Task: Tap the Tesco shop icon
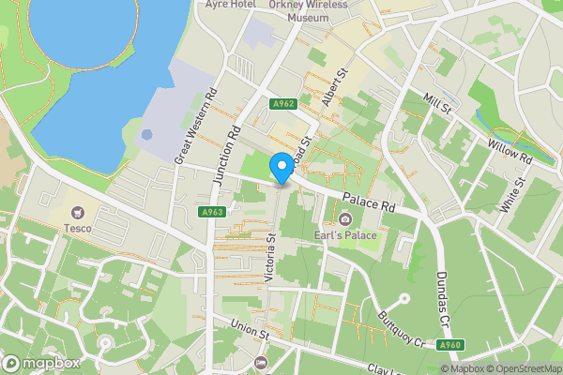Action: point(77,213)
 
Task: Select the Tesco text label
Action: point(77,228)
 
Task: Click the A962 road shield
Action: point(284,104)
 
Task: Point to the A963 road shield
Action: point(212,213)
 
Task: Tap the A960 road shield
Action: point(451,344)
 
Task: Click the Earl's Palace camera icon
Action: point(345,219)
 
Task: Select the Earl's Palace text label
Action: point(345,234)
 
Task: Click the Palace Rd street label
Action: point(370,200)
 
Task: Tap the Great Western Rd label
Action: point(196,127)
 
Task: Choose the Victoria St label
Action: point(271,258)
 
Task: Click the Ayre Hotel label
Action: point(231,4)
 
